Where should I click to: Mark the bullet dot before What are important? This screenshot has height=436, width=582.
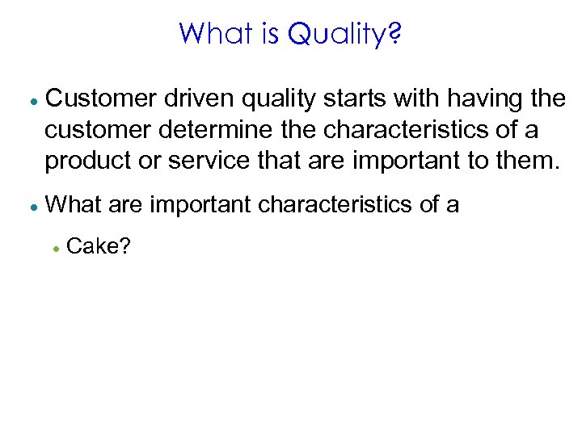pyautogui.click(x=30, y=207)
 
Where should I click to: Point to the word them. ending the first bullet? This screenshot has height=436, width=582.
pyautogui.click(x=525, y=161)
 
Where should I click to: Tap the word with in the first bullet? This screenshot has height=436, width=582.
pyautogui.click(x=403, y=99)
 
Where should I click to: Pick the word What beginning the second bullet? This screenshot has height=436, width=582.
pyautogui.click(x=74, y=205)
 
